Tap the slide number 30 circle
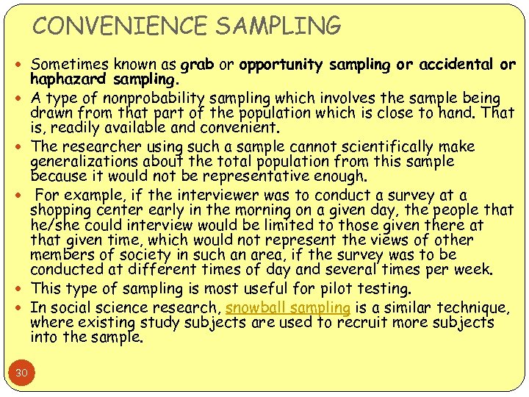(22, 373)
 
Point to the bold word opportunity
(279, 65)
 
